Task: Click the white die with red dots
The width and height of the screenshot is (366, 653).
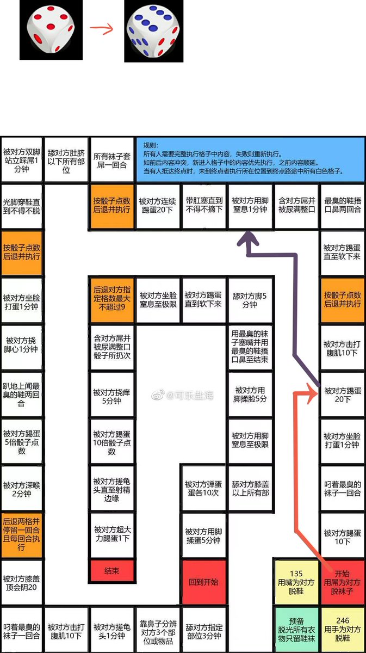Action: (x=52, y=30)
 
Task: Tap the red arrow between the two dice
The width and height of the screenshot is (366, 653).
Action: (x=102, y=29)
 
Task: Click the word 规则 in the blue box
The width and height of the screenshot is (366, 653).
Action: (x=150, y=146)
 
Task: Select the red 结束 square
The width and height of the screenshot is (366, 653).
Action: (x=111, y=571)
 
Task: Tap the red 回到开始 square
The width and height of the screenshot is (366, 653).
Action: (x=203, y=582)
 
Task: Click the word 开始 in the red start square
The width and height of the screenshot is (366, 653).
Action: (x=342, y=574)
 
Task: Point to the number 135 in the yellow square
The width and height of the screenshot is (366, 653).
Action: (x=296, y=574)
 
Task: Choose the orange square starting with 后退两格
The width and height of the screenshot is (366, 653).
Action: (x=22, y=535)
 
